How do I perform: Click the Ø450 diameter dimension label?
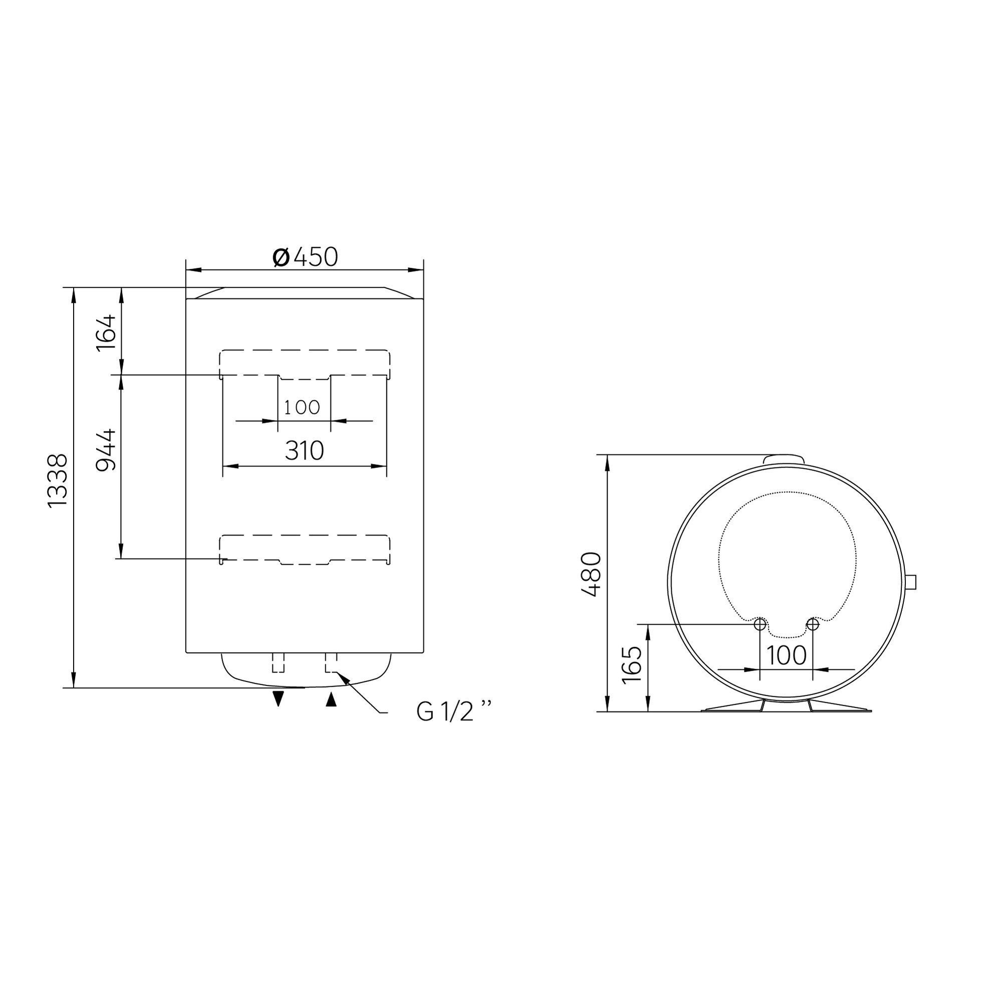coord(306,257)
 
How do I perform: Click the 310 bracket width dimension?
coord(305,451)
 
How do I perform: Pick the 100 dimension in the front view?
coord(302,408)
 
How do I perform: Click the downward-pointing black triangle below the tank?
coord(279,698)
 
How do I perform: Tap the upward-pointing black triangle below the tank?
coord(331,700)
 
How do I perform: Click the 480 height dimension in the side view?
coord(591,574)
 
